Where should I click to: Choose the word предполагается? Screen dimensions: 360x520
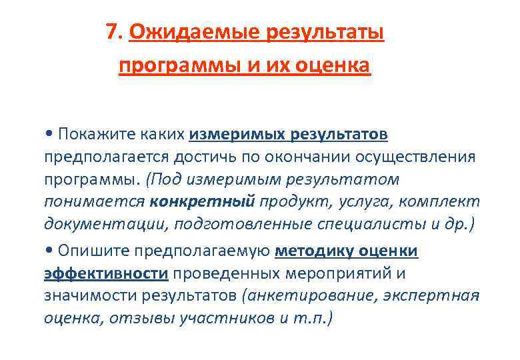coord(106,157)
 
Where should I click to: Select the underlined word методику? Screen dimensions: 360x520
coord(311,251)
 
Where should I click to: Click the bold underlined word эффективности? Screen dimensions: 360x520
coord(105,273)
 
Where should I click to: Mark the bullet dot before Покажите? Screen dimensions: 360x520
coord(49,135)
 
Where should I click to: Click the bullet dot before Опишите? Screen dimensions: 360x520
coord(49,251)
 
